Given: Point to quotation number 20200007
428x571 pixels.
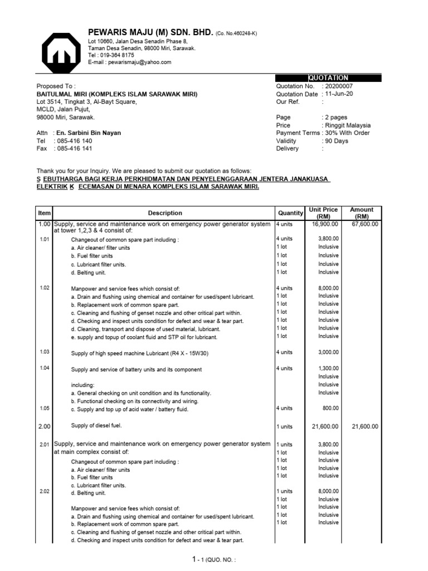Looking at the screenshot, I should [x=339, y=86].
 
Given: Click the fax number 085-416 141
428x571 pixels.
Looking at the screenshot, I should [x=74, y=149].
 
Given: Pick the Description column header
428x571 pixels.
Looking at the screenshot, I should [x=165, y=213].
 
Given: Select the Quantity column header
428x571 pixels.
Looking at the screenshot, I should [x=290, y=213].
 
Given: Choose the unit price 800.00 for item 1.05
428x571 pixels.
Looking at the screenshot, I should [x=330, y=408].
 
